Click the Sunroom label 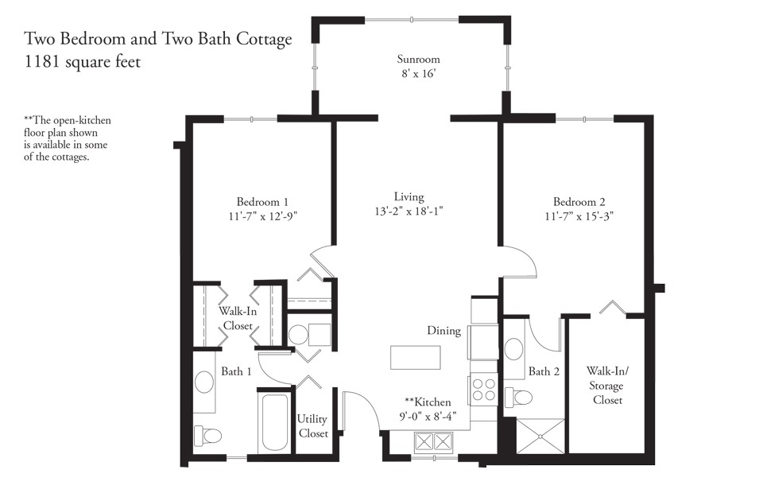418,60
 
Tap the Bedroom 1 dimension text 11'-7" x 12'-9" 267,215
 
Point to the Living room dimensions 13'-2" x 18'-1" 409,211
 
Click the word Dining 443,331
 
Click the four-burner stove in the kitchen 484,390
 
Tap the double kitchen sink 433,442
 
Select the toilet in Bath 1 208,435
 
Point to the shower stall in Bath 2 540,437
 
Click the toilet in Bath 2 521,398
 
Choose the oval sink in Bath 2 514,348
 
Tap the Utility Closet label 313,426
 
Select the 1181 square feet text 83,62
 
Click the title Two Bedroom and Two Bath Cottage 158,38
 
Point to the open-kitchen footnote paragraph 68,138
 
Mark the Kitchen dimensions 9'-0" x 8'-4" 428,415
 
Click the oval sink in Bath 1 204,382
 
